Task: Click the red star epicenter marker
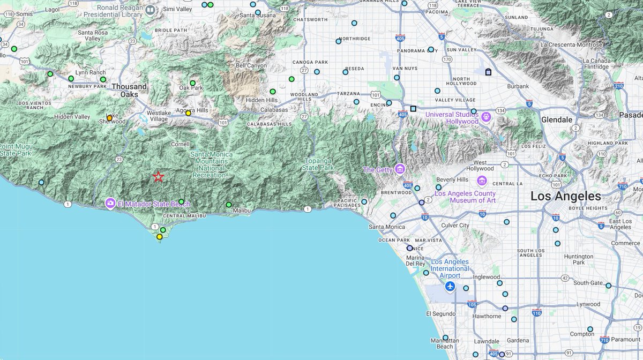158,177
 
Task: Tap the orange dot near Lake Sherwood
109,118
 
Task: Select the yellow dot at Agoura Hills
188,113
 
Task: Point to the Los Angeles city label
565,196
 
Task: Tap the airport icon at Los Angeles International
450,287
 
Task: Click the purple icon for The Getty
399,169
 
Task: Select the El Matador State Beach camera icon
110,203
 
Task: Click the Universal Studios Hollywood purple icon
485,116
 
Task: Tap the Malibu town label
242,211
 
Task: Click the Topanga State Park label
318,164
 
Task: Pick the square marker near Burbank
488,72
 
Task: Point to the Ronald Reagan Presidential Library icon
151,9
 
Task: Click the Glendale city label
557,119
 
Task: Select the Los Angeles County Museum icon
481,181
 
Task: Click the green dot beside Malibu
229,205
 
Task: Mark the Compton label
581,334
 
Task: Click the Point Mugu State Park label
16,150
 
